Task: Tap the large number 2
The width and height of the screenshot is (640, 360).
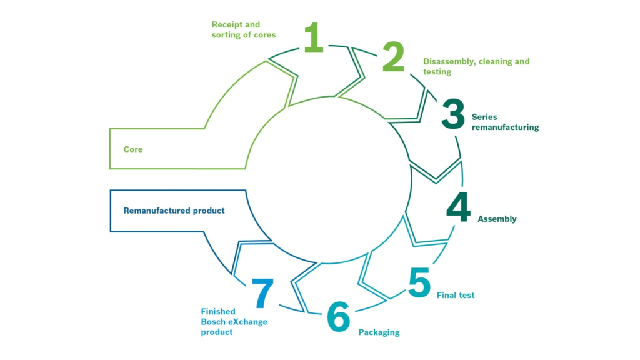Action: (394, 57)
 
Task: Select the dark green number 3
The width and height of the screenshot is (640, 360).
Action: (453, 114)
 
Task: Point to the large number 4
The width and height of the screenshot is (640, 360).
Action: (458, 207)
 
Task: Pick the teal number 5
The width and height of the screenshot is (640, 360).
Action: (419, 282)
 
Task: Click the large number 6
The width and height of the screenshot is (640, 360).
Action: (339, 316)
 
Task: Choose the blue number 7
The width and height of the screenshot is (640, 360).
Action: (262, 293)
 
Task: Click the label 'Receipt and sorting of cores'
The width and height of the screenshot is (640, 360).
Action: (244, 30)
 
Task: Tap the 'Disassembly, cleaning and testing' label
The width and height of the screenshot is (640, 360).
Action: (476, 66)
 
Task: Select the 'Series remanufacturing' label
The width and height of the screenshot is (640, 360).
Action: (505, 122)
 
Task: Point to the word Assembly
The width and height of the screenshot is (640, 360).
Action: (497, 219)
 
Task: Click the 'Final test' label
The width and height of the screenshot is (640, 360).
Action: (456, 295)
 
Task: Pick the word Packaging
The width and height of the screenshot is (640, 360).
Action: (379, 332)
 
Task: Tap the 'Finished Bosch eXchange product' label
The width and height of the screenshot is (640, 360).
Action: (234, 322)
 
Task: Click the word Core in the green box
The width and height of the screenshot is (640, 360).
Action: (133, 149)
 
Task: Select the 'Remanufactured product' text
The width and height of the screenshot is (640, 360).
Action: (174, 211)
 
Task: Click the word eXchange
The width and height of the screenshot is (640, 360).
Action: (247, 322)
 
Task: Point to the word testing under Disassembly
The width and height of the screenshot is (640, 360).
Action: (437, 72)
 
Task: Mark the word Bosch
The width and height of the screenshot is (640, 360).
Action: (213, 322)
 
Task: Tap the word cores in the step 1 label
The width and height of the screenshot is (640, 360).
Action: (264, 35)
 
